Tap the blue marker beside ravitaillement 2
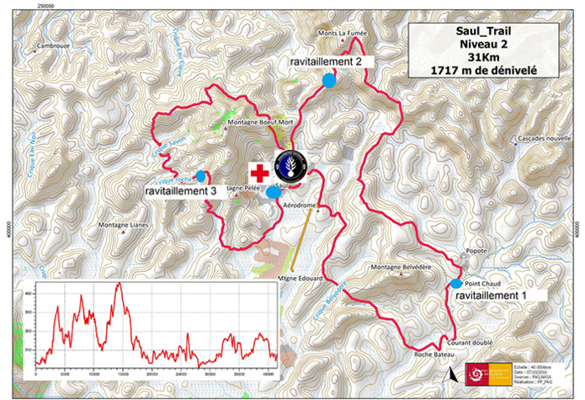pyautogui.click(x=330, y=81)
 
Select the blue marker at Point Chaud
pyautogui.click(x=456, y=283)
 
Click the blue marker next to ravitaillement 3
pyautogui.click(x=200, y=176)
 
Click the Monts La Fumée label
pyautogui.click(x=343, y=35)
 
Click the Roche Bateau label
pyautogui.click(x=435, y=355)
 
